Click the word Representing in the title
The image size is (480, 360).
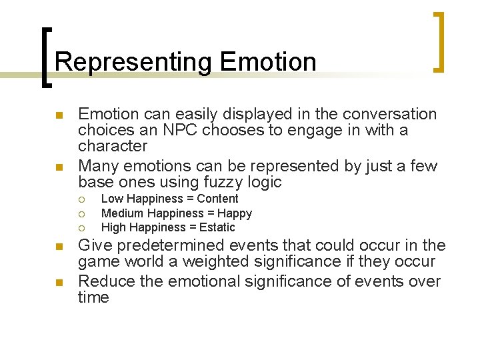(x=133, y=62)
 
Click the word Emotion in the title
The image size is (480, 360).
(x=267, y=62)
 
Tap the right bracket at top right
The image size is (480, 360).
(x=438, y=41)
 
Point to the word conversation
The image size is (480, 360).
(x=381, y=114)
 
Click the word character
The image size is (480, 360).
(x=113, y=146)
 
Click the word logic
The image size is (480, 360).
(x=263, y=182)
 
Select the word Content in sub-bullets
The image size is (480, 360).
(x=217, y=199)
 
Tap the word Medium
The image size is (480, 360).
(x=123, y=213)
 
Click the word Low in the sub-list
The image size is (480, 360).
(x=112, y=199)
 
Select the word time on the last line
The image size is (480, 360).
(x=93, y=297)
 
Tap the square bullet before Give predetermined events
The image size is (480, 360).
(x=59, y=246)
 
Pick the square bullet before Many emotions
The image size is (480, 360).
(x=59, y=167)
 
